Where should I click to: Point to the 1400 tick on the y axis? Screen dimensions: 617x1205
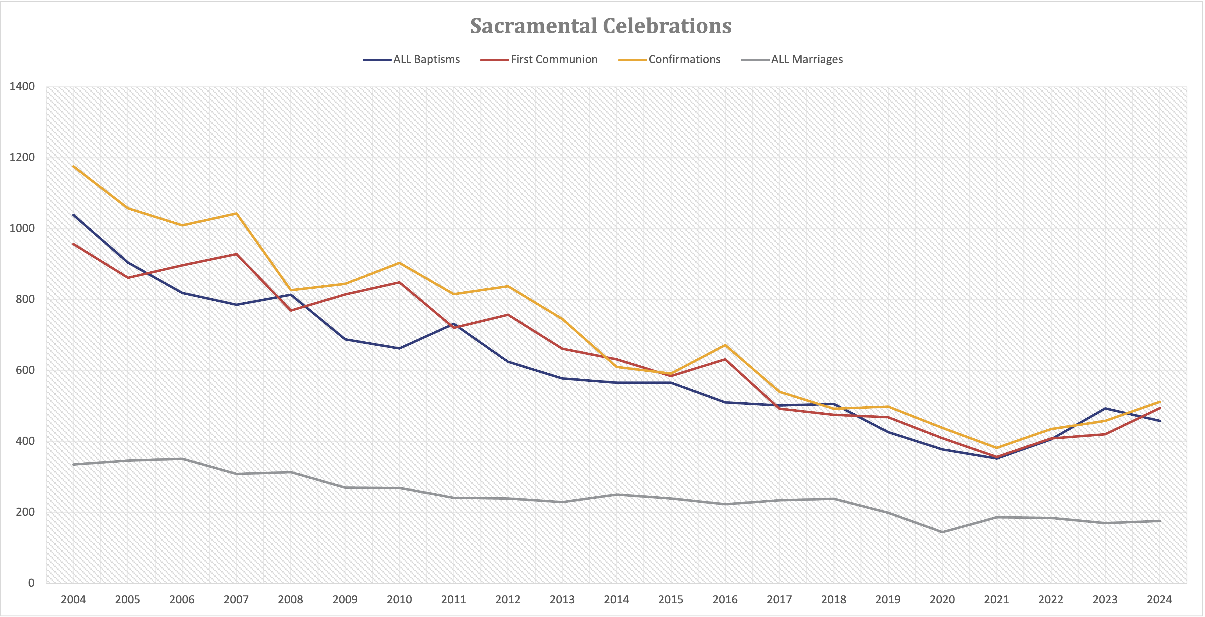point(22,86)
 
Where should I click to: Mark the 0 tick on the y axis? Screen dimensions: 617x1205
point(31,583)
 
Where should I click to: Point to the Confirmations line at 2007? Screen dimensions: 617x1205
point(237,214)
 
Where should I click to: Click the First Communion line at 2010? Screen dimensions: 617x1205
point(399,282)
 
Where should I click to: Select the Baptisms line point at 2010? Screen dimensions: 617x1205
point(399,348)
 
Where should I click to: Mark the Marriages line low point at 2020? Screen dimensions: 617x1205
point(942,532)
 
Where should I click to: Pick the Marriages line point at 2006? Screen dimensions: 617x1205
point(182,458)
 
